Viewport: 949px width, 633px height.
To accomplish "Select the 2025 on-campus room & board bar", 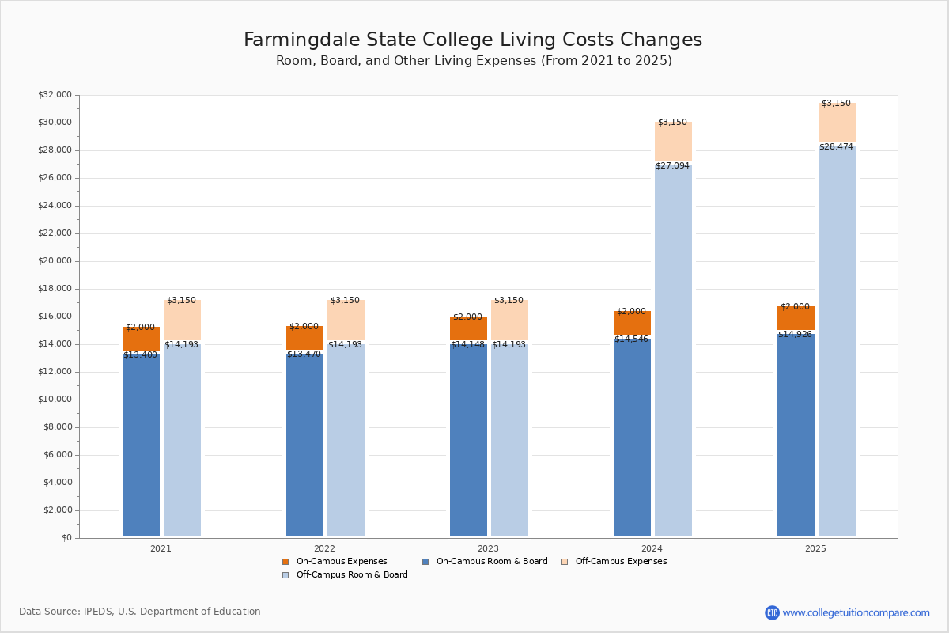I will [x=796, y=435].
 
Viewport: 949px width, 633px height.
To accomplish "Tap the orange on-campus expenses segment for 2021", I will [x=141, y=339].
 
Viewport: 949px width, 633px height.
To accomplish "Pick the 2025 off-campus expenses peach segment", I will [x=837, y=123].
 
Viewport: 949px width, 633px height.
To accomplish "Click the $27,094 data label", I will [x=672, y=166].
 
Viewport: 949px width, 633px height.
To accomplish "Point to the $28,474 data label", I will [x=836, y=147].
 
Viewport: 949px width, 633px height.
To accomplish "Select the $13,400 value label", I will [x=140, y=355].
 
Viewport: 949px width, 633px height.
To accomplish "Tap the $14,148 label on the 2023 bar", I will [x=467, y=345].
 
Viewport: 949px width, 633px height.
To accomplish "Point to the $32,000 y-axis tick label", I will [x=55, y=95].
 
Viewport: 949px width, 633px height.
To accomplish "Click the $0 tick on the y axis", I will [x=66, y=538].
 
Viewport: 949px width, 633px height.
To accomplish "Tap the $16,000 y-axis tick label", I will [x=55, y=316].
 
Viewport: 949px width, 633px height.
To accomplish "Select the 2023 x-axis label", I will [x=488, y=548].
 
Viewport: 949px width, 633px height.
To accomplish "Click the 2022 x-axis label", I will [x=324, y=548].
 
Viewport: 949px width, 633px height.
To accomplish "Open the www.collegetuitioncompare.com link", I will [x=856, y=612].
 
